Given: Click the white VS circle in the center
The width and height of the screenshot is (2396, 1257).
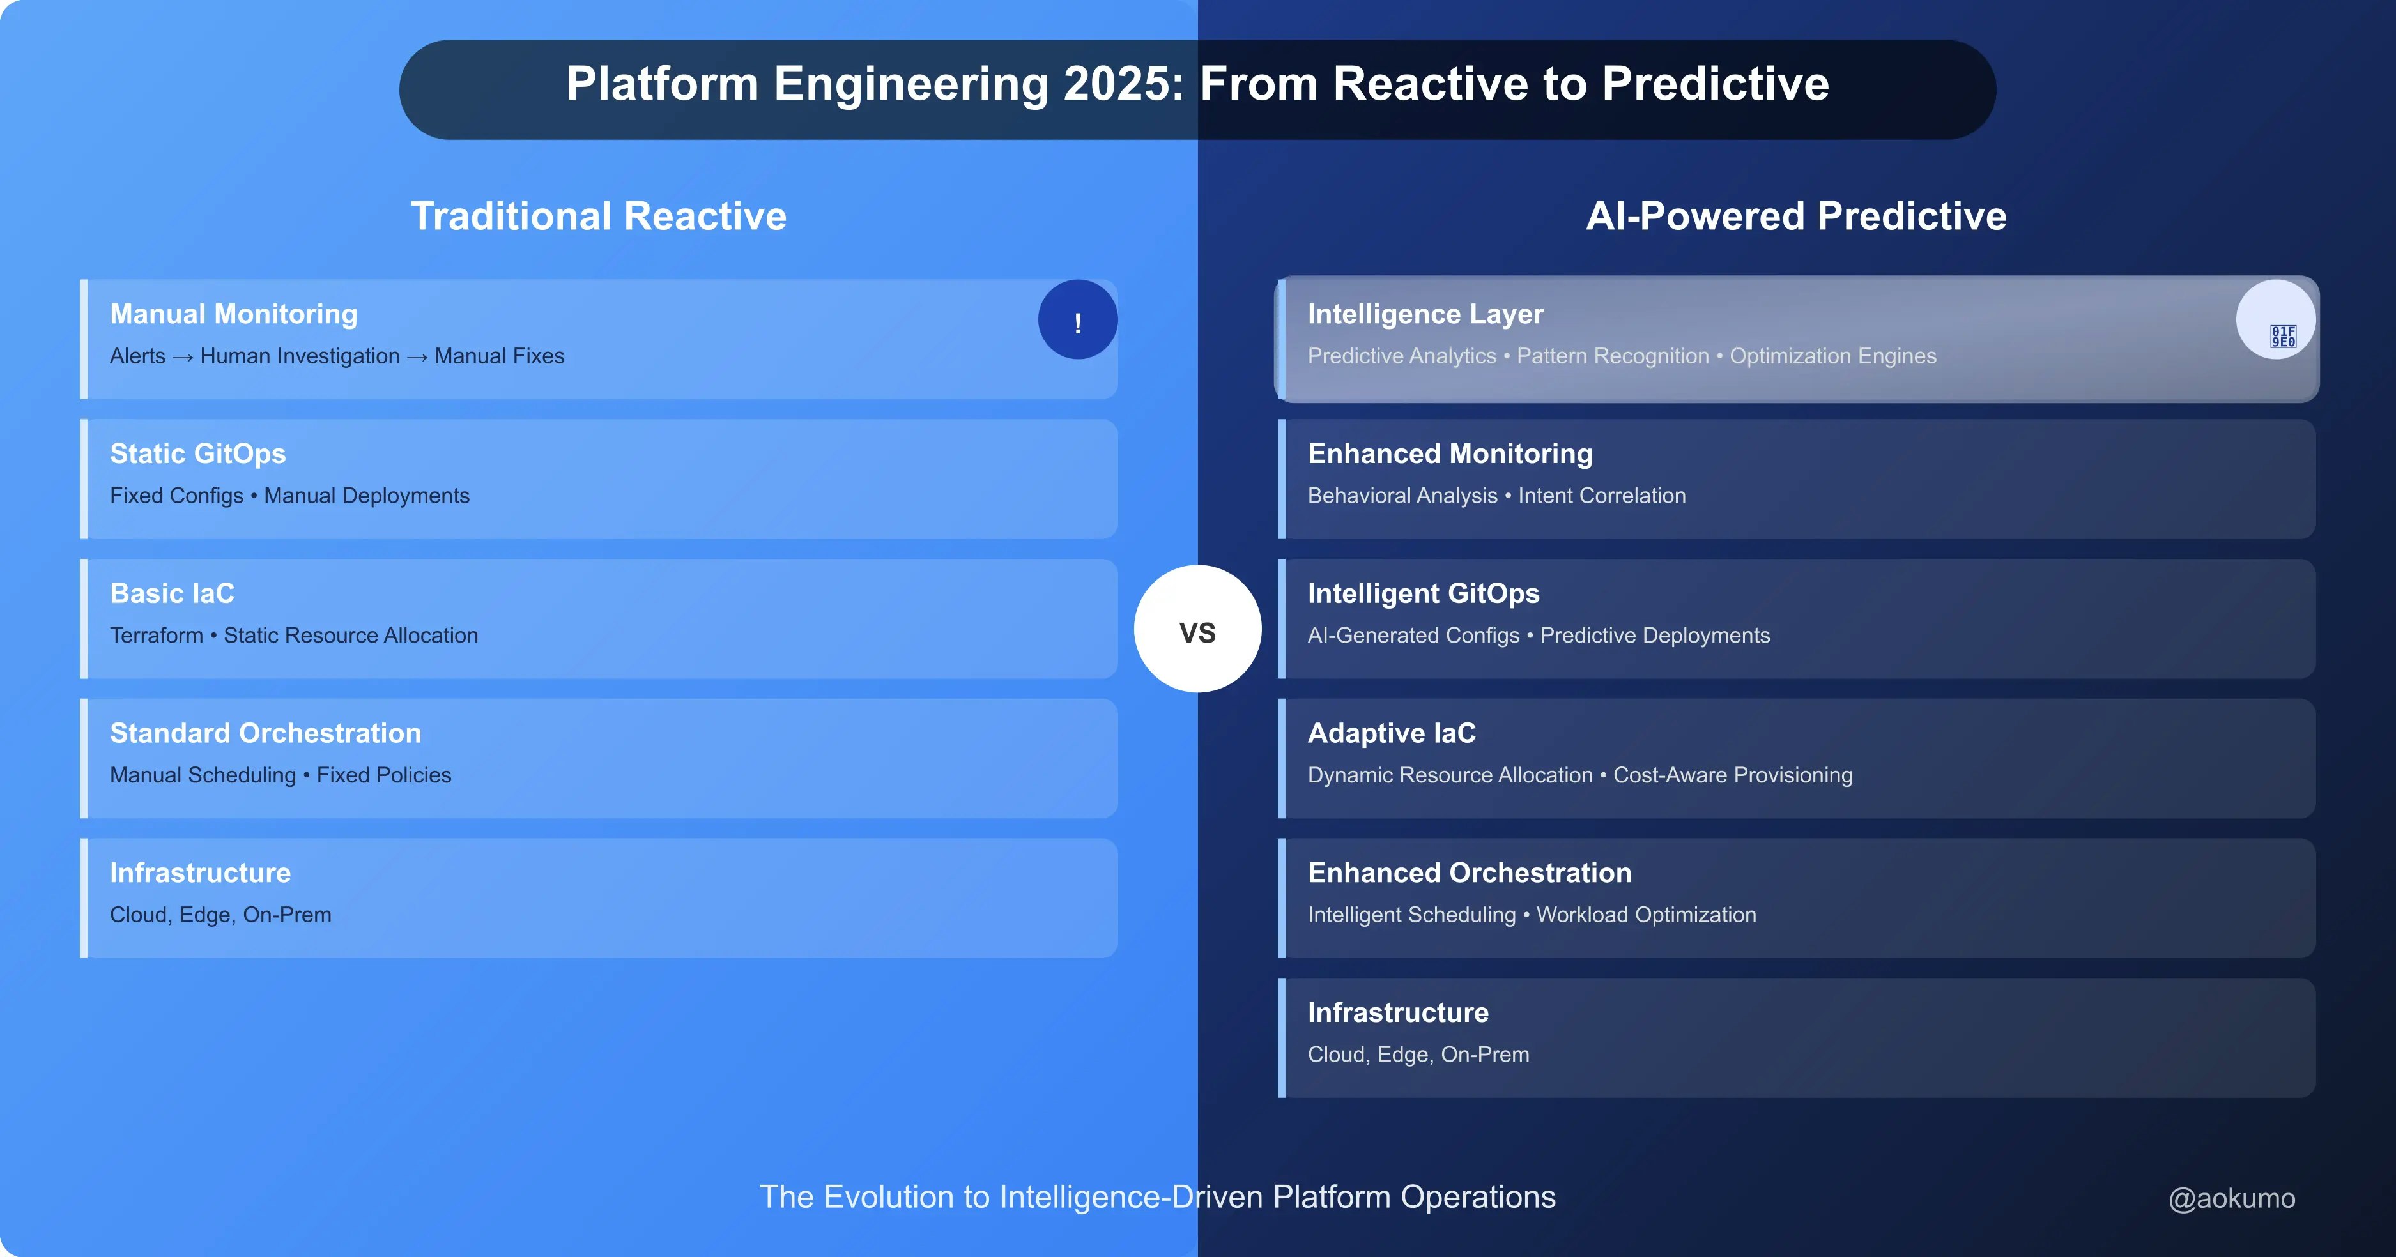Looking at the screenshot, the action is (1197, 628).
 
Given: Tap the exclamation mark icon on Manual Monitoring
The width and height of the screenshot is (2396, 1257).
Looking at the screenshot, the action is (1078, 320).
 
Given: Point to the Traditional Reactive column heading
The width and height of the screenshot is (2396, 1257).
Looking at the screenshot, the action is (599, 216).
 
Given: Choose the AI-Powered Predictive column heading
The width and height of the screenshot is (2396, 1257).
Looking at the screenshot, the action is (1796, 216).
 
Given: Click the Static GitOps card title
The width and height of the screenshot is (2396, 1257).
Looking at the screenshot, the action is (198, 453).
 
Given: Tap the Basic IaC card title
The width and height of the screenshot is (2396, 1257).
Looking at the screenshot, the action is (172, 593).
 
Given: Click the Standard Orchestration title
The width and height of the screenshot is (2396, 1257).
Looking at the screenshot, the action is (266, 733).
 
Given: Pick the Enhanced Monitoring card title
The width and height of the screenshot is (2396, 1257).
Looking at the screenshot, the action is (1450, 453).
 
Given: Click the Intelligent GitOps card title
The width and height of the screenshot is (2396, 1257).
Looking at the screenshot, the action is (1423, 593).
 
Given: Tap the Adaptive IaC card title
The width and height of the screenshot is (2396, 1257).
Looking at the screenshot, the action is (1392, 733).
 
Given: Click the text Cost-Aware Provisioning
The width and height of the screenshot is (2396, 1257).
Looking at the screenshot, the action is (1733, 775).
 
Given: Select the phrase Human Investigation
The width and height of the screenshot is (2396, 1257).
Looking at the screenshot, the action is (300, 356).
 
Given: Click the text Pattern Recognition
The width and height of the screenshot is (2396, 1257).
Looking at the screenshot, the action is (1613, 356).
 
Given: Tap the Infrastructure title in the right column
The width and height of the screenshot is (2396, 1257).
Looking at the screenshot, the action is (1398, 1012).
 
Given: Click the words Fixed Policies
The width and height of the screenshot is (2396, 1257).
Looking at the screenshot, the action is (384, 775).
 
